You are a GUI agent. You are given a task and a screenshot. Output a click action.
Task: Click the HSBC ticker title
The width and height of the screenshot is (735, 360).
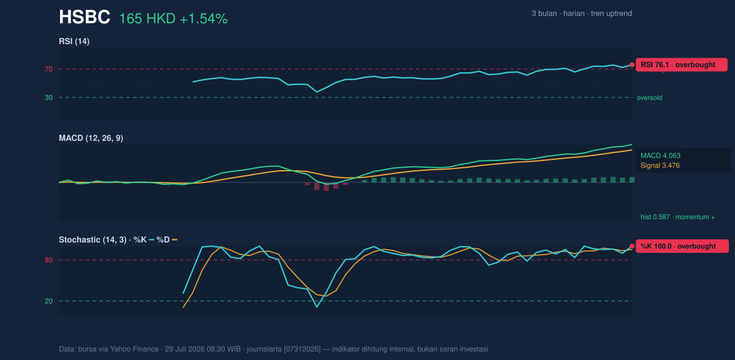coord(85,17)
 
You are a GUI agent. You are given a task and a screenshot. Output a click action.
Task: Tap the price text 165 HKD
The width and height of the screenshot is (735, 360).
coord(148,19)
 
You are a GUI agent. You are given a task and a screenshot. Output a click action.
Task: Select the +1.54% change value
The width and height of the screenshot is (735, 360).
coord(204,19)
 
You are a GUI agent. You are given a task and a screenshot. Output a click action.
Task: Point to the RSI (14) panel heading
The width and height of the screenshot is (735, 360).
coord(74,41)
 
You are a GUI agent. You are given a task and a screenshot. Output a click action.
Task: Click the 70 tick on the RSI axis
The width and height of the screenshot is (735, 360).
coord(48,69)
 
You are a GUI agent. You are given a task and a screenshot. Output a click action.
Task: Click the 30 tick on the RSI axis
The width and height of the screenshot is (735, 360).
coord(48,98)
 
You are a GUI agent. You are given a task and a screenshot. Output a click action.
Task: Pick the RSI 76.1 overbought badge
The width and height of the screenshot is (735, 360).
coord(682,65)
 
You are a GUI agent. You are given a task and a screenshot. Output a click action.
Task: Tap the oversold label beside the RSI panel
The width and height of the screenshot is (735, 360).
coord(649,98)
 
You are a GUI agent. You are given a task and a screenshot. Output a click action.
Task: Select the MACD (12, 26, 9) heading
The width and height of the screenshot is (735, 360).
coord(91,138)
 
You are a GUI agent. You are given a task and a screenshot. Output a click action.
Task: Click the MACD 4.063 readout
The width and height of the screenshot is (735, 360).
coord(660,156)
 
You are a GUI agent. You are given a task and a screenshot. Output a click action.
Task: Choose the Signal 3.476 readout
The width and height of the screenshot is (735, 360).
coord(660,165)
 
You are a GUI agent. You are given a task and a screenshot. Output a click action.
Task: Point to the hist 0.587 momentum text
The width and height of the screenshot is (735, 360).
coord(677,217)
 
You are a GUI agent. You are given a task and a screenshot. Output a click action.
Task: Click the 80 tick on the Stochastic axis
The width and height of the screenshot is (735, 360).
coord(48,260)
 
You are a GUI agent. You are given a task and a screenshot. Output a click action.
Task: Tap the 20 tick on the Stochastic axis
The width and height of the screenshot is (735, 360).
coord(48,301)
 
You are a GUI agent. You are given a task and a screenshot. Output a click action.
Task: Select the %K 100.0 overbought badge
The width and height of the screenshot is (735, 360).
coord(682,246)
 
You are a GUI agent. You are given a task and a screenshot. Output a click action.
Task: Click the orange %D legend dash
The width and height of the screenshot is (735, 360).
coord(175,240)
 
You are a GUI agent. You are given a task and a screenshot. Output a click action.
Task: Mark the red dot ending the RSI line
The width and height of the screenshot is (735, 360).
coord(632,65)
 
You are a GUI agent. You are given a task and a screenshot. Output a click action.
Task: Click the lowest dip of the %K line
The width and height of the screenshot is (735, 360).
coord(317,307)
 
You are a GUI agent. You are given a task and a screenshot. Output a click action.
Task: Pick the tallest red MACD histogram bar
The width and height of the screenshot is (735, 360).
coord(326,187)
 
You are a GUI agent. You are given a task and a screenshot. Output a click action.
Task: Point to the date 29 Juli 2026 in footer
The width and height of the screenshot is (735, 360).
coord(184,349)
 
